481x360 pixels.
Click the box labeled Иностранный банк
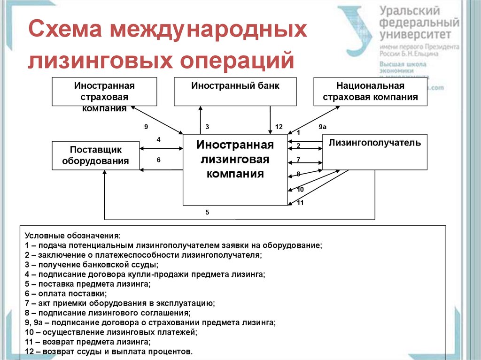point(235,92)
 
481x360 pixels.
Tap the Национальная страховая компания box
point(370,92)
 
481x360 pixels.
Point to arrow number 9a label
point(322,127)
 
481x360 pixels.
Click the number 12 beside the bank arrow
point(279,127)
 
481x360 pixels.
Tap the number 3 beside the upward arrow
point(207,127)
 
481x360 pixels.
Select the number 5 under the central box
point(207,212)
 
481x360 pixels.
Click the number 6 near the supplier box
point(159,160)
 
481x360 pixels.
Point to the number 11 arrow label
point(300,203)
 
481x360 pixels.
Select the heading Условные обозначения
point(72,235)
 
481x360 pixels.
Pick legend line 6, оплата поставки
point(66,294)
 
